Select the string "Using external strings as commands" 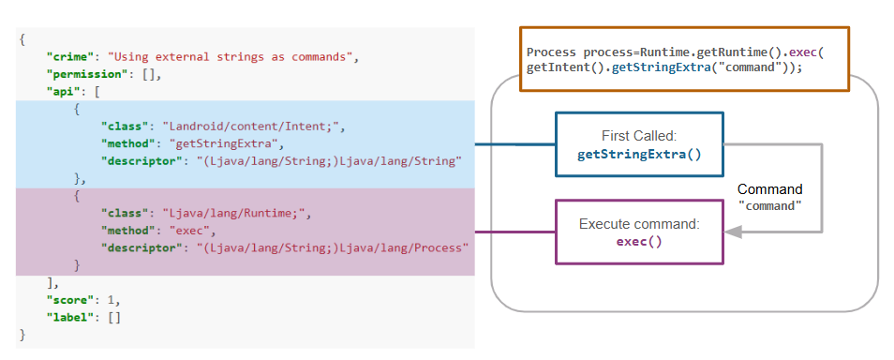pyautogui.click(x=231, y=56)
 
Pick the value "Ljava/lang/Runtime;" pyautogui.click(x=235, y=214)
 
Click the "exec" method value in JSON pyautogui.click(x=191, y=231)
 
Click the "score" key pyautogui.click(x=68, y=300)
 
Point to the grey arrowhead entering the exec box pyautogui.click(x=733, y=232)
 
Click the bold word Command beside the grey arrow pyautogui.click(x=769, y=189)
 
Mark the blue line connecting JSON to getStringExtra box pyautogui.click(x=515, y=144)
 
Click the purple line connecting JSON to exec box pyautogui.click(x=515, y=232)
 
